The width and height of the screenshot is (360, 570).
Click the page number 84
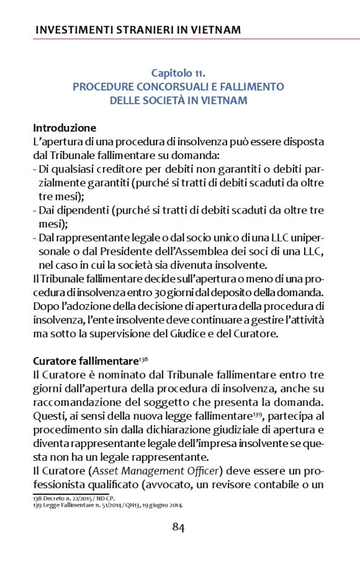pyautogui.click(x=178, y=528)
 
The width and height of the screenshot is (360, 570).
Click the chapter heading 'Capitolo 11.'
pyautogui.click(x=178, y=73)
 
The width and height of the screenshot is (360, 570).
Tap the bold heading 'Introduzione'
pyautogui.click(x=65, y=128)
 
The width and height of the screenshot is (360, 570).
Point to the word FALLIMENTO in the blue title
pyautogui.click(x=253, y=87)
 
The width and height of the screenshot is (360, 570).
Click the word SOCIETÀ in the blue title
pyautogui.click(x=179, y=100)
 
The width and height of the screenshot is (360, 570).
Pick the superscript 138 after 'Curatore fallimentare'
pyautogui.click(x=142, y=358)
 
